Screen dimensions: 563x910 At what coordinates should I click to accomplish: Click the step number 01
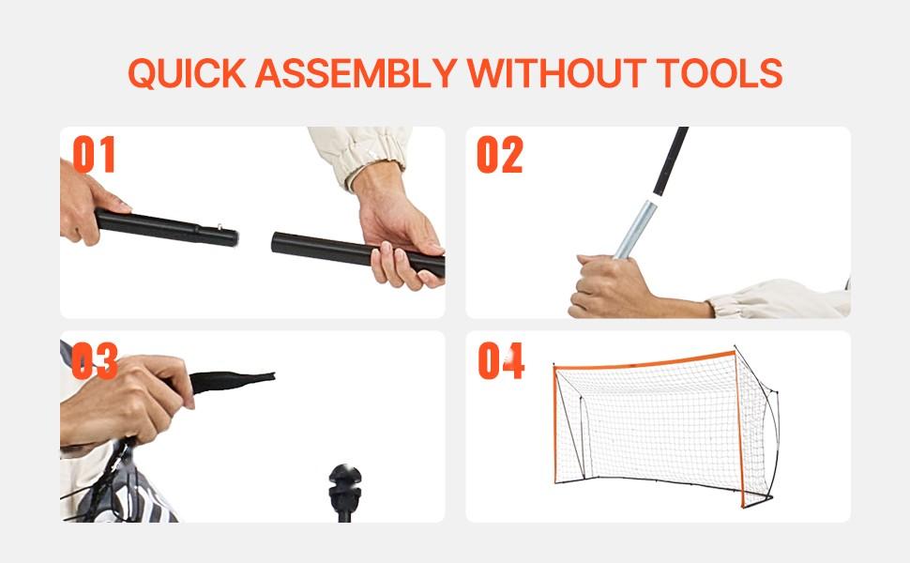point(94,155)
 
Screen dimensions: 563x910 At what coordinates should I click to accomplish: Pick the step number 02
point(499,155)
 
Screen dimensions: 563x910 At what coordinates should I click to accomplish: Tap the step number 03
point(94,361)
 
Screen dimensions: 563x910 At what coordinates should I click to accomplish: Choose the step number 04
point(500,361)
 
